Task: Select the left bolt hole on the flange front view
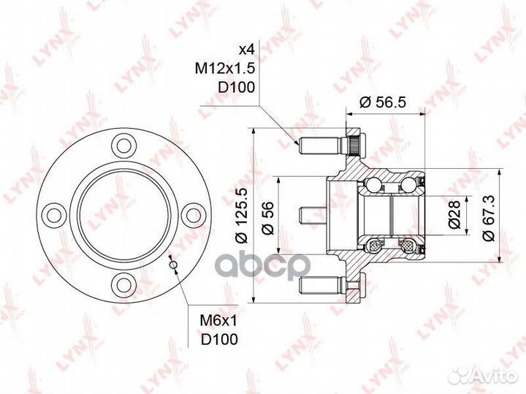(x=53, y=215)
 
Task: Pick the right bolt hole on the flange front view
(x=192, y=215)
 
